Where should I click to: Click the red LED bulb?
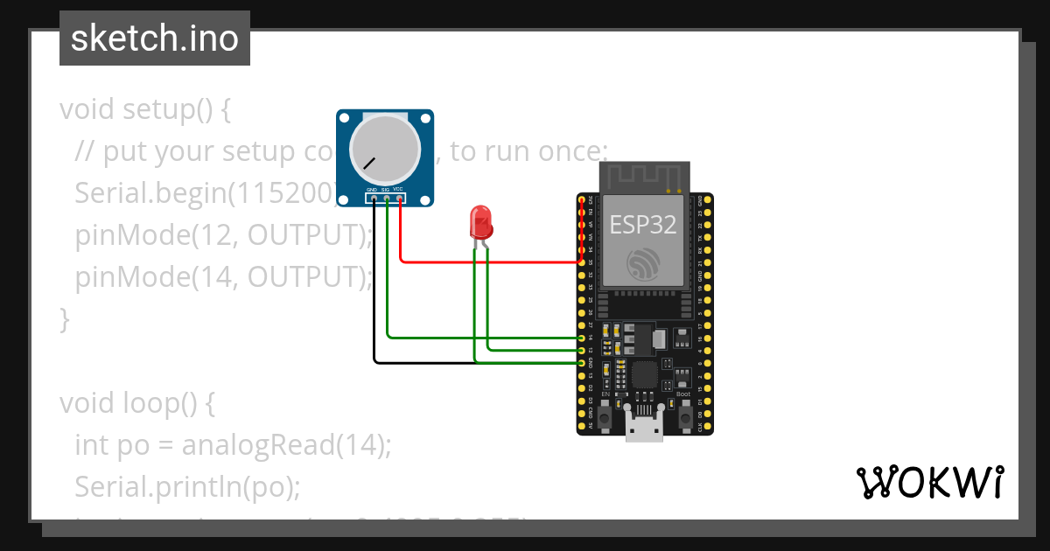coord(480,222)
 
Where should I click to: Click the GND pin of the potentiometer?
coord(374,199)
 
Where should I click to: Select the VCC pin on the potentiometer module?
coord(400,199)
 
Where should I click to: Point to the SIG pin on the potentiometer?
coord(387,199)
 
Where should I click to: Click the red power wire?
coord(490,261)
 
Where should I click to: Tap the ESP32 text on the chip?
coord(643,224)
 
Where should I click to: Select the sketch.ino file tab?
coord(155,38)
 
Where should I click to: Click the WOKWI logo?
coord(929,483)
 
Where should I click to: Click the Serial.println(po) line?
coord(187,486)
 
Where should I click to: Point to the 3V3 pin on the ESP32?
coord(583,202)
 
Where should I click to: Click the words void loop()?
coord(137,403)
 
